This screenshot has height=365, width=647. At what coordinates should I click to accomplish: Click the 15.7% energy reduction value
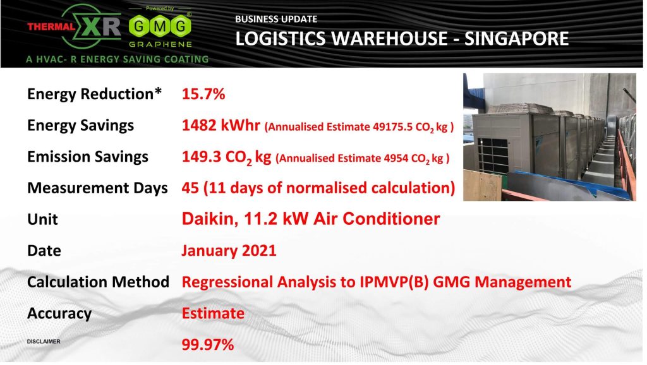click(x=203, y=94)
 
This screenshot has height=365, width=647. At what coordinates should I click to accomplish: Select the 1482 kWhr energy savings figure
click(x=221, y=125)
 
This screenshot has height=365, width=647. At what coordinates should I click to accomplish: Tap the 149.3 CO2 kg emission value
click(x=226, y=157)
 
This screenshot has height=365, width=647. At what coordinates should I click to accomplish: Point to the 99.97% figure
click(x=207, y=344)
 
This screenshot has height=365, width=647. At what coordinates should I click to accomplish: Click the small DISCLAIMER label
click(x=44, y=342)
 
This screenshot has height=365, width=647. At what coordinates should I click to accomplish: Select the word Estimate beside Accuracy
click(x=213, y=313)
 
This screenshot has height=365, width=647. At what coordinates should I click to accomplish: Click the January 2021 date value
click(x=229, y=251)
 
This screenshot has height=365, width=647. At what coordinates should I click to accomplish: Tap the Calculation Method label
click(x=98, y=282)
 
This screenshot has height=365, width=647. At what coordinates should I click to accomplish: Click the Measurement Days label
click(x=97, y=188)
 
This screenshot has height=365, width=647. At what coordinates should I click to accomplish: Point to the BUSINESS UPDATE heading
click(x=276, y=19)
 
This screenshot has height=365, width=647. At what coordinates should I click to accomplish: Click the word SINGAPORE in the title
click(x=517, y=39)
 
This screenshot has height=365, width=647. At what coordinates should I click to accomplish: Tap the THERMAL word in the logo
click(x=51, y=27)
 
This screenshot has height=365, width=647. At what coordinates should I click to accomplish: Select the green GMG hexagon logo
click(x=160, y=27)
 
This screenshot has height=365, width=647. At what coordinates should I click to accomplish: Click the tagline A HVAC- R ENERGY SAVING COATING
click(x=117, y=59)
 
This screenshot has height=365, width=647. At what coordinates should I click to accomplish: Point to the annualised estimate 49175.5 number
click(x=392, y=127)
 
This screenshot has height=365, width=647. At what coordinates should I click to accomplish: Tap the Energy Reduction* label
click(x=94, y=94)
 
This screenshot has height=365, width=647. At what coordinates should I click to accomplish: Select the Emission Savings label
click(x=87, y=157)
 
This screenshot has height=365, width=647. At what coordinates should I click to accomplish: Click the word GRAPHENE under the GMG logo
click(x=160, y=44)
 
